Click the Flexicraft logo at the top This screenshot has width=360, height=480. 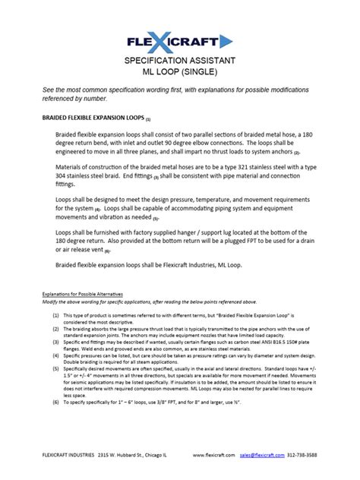click(180, 39)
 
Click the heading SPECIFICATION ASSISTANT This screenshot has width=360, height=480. click(180, 60)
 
